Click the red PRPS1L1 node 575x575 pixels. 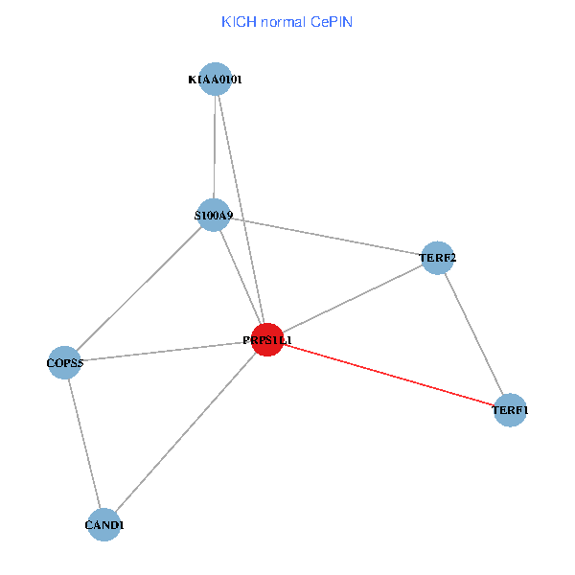click(267, 340)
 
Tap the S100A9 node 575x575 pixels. click(215, 216)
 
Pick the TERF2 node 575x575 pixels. click(437, 258)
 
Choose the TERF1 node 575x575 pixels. click(510, 411)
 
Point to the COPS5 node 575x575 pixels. click(63, 363)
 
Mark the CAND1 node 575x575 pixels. click(103, 525)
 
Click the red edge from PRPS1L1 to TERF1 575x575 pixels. click(388, 376)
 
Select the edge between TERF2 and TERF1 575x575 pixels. click(473, 334)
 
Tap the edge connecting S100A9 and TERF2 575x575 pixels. click(326, 237)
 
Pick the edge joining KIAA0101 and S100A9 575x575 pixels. click(216, 148)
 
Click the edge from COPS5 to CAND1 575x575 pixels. click(83, 444)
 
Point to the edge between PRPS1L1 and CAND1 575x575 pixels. click(185, 433)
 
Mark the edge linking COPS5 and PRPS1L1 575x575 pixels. click(165, 352)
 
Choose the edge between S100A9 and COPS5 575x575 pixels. click(139, 289)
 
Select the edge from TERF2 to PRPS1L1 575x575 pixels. click(352, 299)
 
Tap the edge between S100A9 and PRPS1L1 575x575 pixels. click(241, 278)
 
